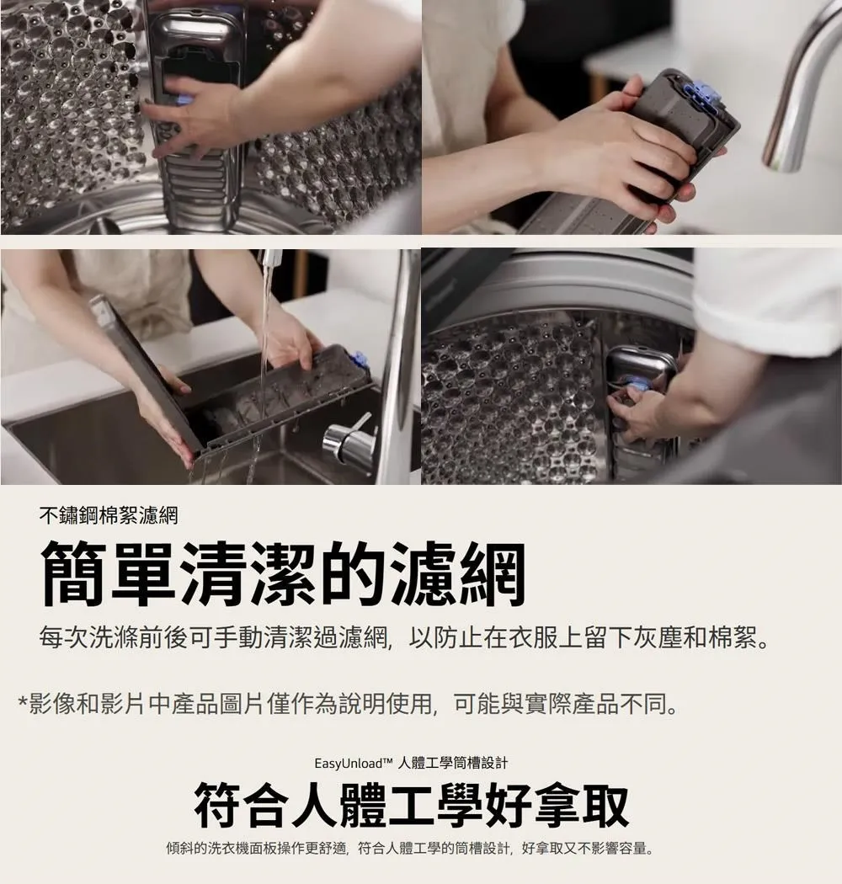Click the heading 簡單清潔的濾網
coord(283,572)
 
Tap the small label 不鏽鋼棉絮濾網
coord(109,515)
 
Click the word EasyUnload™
coord(353,764)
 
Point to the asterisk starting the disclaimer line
coord(23,703)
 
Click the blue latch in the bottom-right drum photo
coord(637,386)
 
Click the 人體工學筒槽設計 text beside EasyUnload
coord(452,764)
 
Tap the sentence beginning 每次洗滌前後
coord(404,639)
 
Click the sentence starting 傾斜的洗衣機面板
coord(410,848)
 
